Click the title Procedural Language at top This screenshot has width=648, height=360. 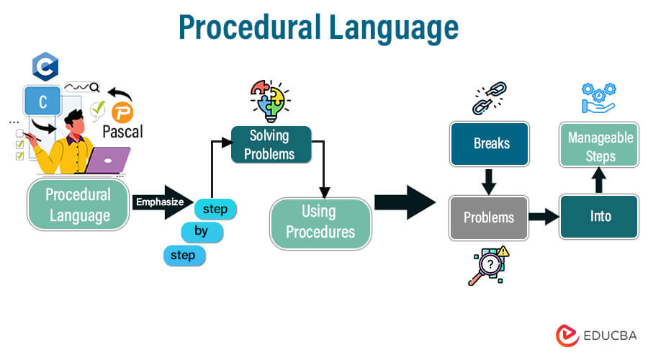click(318, 28)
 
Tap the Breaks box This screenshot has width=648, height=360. click(490, 144)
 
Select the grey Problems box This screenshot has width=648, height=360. click(488, 217)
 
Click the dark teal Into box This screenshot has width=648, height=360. click(599, 217)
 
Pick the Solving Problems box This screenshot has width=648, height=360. click(271, 144)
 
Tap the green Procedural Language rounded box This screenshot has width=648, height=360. click(78, 204)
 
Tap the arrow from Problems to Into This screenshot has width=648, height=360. click(544, 216)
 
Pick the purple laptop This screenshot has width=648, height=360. click(107, 161)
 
